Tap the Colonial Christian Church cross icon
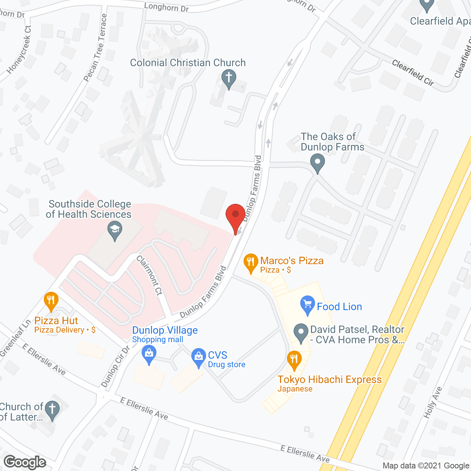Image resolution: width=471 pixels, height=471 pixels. pyautogui.click(x=229, y=79)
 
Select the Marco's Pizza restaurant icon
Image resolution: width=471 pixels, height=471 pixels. pyautogui.click(x=251, y=263)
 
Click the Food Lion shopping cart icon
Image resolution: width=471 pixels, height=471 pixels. pyautogui.click(x=308, y=305)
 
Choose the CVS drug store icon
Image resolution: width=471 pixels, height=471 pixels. pyautogui.click(x=199, y=357)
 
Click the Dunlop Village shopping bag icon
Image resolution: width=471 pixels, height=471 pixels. pyautogui.click(x=149, y=355)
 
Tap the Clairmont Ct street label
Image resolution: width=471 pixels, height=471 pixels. pyautogui.click(x=149, y=275)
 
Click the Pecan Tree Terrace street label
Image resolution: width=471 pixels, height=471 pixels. pyautogui.click(x=95, y=48)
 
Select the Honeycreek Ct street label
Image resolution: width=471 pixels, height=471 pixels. pyautogui.click(x=19, y=49)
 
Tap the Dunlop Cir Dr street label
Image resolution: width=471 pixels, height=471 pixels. pyautogui.click(x=115, y=366)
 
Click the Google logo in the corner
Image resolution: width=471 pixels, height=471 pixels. pyautogui.click(x=25, y=462)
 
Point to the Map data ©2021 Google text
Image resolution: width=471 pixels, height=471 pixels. pyautogui.click(x=426, y=466)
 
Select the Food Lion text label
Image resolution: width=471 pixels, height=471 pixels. pyautogui.click(x=339, y=307)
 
